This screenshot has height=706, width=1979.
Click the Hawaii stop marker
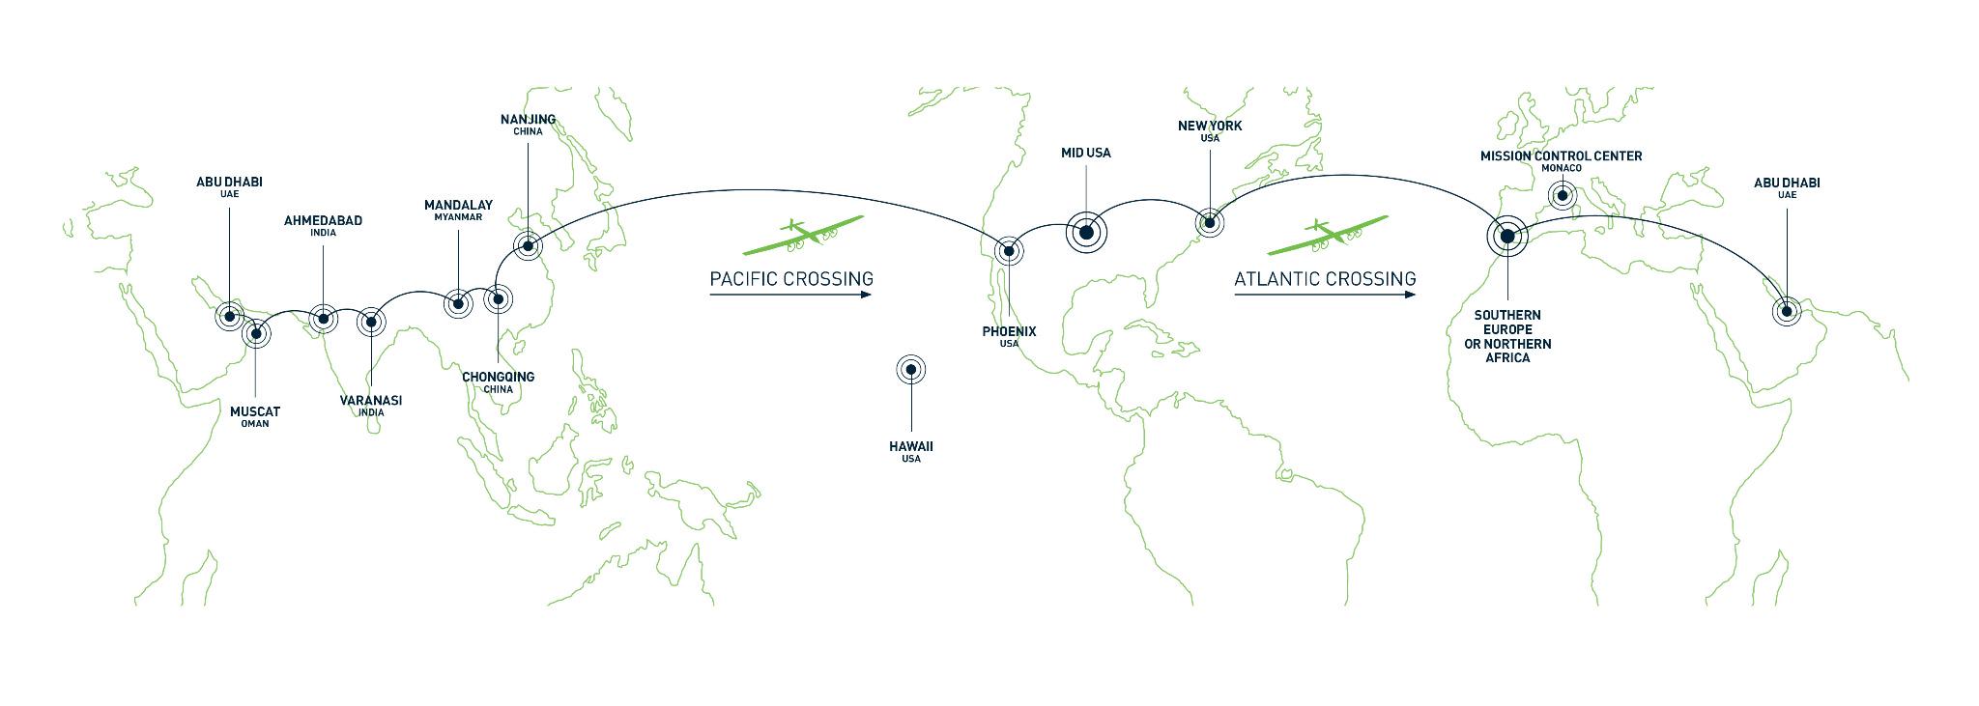click(911, 368)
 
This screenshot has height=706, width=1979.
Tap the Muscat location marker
click(256, 334)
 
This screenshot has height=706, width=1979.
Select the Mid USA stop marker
click(1086, 232)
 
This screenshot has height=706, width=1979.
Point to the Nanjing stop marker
click(528, 245)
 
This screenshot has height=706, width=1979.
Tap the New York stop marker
click(1209, 223)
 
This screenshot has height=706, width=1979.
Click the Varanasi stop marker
click(371, 322)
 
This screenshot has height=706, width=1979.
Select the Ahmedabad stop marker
click(323, 318)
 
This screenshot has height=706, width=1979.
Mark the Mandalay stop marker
click(457, 304)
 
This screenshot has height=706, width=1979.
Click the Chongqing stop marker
click(498, 299)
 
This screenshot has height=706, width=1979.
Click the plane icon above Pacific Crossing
click(804, 235)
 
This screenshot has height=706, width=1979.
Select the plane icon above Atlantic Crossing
click(1329, 235)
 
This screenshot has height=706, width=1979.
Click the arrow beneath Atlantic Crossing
click(1325, 295)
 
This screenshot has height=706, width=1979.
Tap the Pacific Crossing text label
click(790, 279)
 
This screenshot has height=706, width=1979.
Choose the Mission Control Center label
click(1561, 155)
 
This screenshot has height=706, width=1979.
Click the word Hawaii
click(911, 446)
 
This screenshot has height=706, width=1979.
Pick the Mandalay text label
click(458, 205)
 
